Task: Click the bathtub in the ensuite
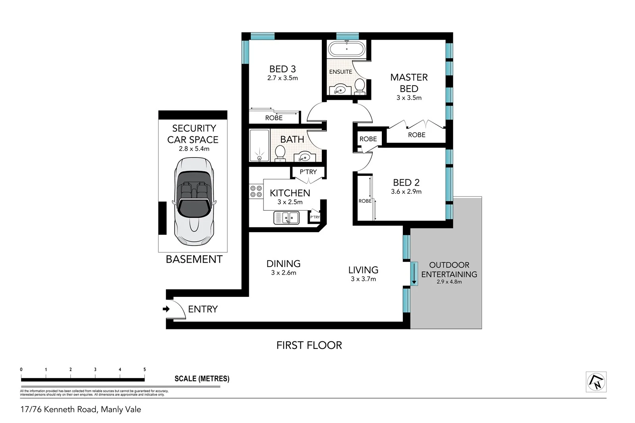click(346, 50)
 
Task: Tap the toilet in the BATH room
click(280, 153)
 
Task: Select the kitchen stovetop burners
click(256, 192)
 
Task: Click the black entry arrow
click(166, 309)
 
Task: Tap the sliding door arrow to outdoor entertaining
click(414, 273)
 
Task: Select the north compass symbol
click(596, 382)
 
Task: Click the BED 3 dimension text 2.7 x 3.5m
click(283, 78)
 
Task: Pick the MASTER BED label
click(409, 83)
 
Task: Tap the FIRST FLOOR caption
click(309, 345)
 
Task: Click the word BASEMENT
click(194, 259)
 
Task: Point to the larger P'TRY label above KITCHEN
click(308, 172)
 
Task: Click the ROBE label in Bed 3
click(274, 118)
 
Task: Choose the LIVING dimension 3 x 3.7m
click(363, 279)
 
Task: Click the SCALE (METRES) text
click(202, 379)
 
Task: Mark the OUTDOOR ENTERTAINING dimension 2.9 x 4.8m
click(449, 282)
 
